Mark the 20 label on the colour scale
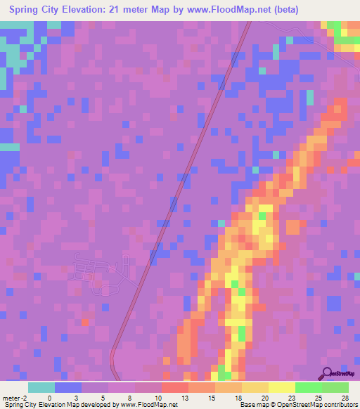coord(264,397)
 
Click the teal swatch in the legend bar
coord(41,387)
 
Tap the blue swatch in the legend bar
coord(67,387)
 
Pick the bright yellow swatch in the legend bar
coord(281,387)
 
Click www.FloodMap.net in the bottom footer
coord(150,405)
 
